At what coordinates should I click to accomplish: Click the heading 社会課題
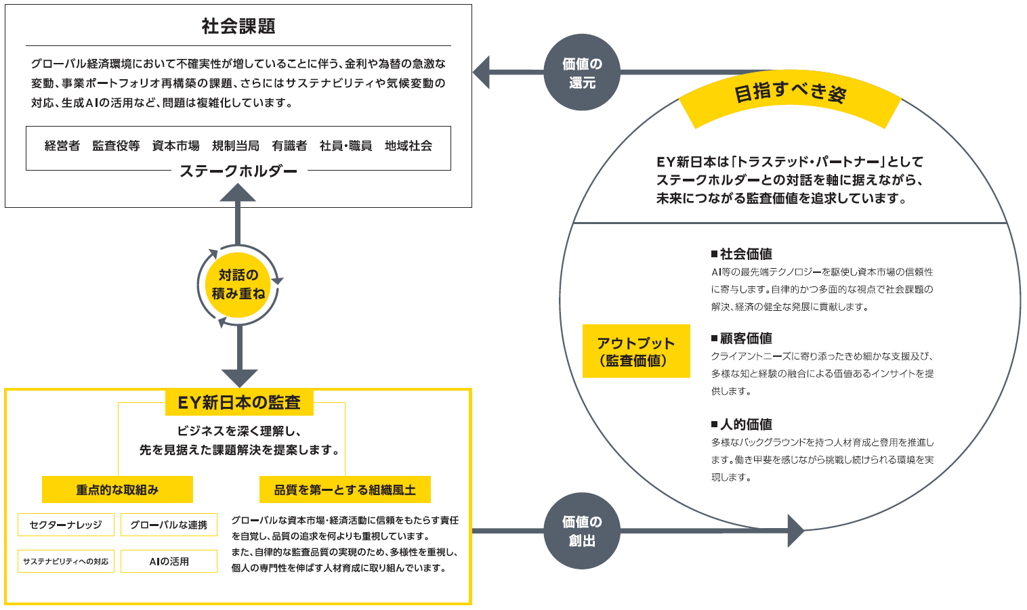(238, 26)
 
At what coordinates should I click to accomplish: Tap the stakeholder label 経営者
(62, 146)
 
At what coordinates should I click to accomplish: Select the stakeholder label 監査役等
(116, 146)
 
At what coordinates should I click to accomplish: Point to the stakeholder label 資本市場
(175, 146)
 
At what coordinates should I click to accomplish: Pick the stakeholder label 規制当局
(236, 146)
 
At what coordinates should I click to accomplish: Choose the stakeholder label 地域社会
(408, 146)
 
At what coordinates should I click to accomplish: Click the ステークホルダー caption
(238, 171)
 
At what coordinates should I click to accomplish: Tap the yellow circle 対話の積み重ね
(238, 284)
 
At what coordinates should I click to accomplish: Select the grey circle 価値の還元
(582, 73)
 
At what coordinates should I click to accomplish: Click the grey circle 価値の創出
(582, 531)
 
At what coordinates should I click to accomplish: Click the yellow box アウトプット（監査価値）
(636, 351)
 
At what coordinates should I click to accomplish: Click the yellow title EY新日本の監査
(239, 403)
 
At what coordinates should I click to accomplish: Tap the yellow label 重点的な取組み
(117, 489)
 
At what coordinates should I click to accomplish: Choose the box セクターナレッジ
(66, 525)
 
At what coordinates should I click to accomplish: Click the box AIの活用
(169, 561)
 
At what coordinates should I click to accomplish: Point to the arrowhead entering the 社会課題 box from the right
(481, 72)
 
